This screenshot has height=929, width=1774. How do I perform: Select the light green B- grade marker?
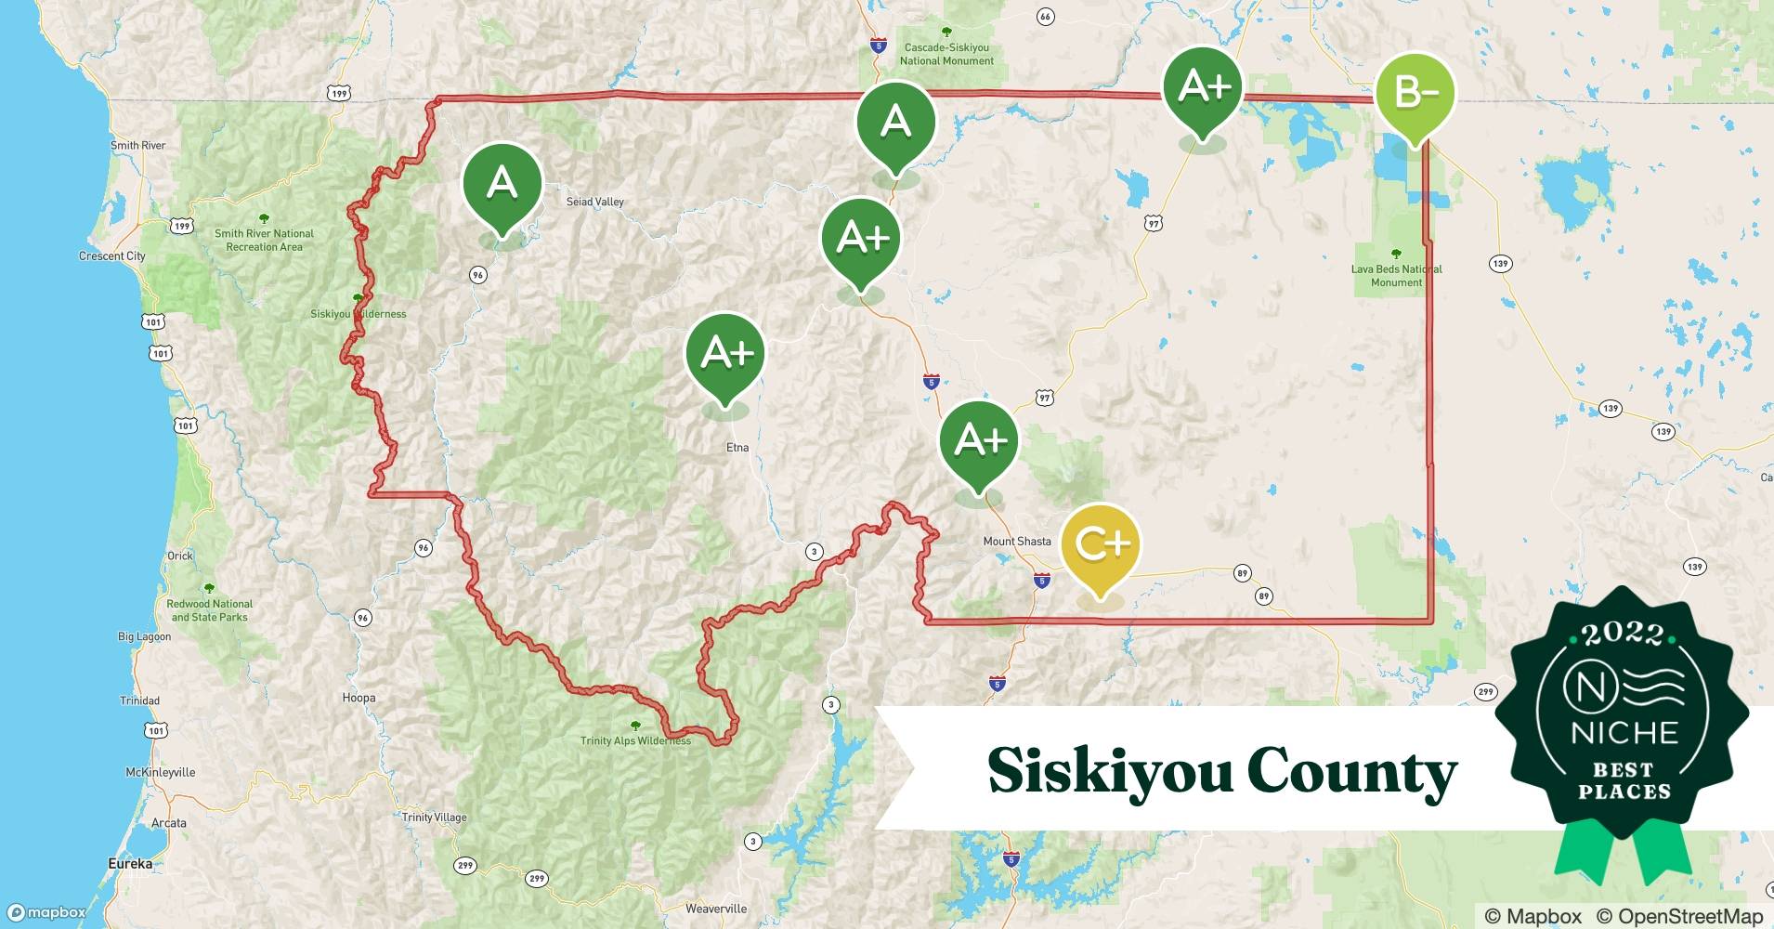click(x=1414, y=93)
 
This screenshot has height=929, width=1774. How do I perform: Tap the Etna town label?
click(x=737, y=448)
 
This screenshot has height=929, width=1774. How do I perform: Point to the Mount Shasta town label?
click(x=1017, y=542)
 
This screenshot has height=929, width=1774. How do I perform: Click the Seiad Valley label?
click(x=595, y=202)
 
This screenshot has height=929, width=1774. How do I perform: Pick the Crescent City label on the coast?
click(x=112, y=256)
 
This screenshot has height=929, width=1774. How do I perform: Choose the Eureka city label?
click(x=130, y=864)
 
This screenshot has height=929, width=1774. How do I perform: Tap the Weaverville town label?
click(x=716, y=909)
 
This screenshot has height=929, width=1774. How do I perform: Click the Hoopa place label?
click(x=359, y=699)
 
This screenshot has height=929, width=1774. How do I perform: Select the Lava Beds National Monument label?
click(x=1396, y=276)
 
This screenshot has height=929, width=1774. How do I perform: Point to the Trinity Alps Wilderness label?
click(x=635, y=740)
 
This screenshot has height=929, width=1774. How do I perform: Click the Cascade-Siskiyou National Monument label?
click(x=946, y=54)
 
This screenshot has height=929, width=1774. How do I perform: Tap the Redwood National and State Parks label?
click(x=209, y=610)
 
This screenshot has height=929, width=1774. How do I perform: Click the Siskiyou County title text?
click(x=1221, y=771)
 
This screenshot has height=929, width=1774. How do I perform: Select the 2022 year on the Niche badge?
click(x=1623, y=634)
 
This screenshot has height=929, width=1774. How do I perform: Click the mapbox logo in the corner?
click(x=46, y=912)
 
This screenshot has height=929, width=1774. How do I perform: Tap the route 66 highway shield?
click(x=1045, y=17)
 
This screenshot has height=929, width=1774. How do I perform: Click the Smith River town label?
click(x=138, y=146)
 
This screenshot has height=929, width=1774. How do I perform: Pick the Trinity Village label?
click(x=434, y=818)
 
